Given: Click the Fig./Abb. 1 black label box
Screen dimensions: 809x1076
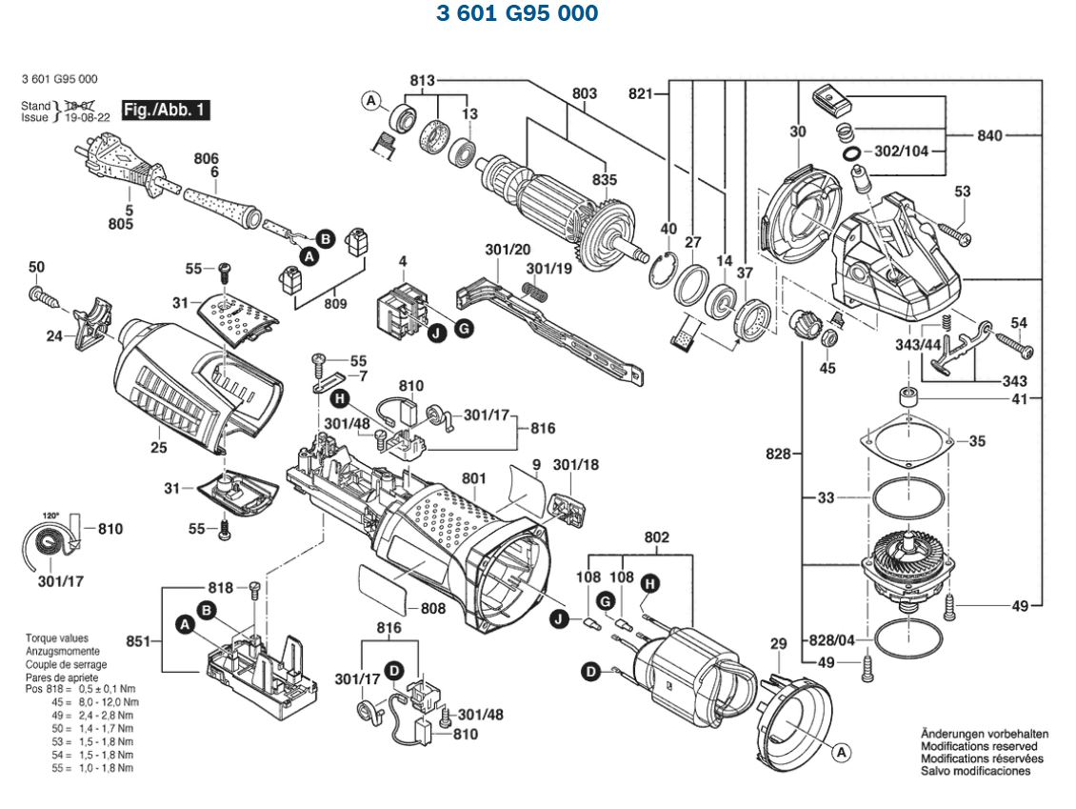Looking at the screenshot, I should (166, 110).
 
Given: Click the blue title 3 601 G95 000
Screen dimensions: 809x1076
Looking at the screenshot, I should (517, 13).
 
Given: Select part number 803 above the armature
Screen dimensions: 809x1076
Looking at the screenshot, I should (585, 93).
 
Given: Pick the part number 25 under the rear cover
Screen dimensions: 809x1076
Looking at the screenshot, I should (158, 446).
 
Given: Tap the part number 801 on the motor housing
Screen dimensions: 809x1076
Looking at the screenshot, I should (473, 477).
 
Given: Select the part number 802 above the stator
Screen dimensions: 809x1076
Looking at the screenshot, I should (657, 537).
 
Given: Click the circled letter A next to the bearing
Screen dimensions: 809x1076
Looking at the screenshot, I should (371, 100).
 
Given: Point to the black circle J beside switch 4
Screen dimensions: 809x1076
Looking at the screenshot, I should (436, 333).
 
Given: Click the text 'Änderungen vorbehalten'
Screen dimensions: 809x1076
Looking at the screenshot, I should (985, 734).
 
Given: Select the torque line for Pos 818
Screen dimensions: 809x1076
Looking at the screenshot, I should (80, 688).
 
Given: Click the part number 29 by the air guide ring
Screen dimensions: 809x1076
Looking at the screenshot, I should (778, 645).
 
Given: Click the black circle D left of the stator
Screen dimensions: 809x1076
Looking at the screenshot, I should (590, 672).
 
